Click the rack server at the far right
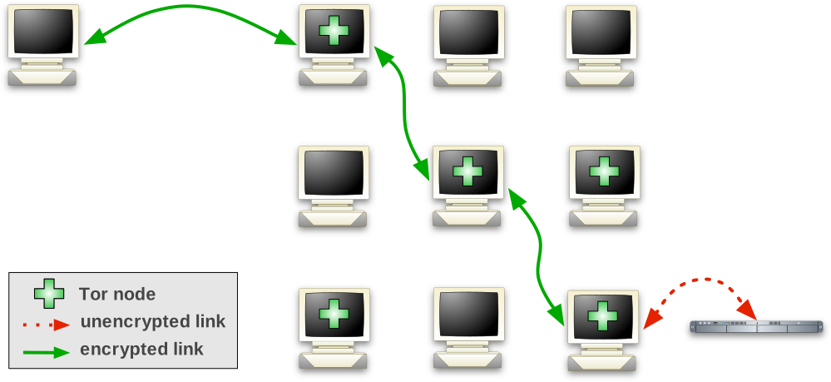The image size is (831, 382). click(x=756, y=330)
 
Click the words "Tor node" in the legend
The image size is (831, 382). click(x=117, y=294)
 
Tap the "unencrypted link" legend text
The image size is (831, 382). click(x=153, y=321)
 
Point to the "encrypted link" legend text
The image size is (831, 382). click(x=141, y=350)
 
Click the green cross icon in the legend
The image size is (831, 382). click(x=48, y=293)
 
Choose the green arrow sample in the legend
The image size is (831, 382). click(x=46, y=351)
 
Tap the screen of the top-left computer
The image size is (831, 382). click(x=42, y=32)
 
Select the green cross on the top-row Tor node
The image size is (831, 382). click(x=334, y=32)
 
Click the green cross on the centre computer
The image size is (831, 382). click(x=467, y=171)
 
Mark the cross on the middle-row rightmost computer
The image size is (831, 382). click(x=603, y=171)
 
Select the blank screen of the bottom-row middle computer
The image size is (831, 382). click(x=467, y=313)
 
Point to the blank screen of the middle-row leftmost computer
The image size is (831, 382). click(x=333, y=172)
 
